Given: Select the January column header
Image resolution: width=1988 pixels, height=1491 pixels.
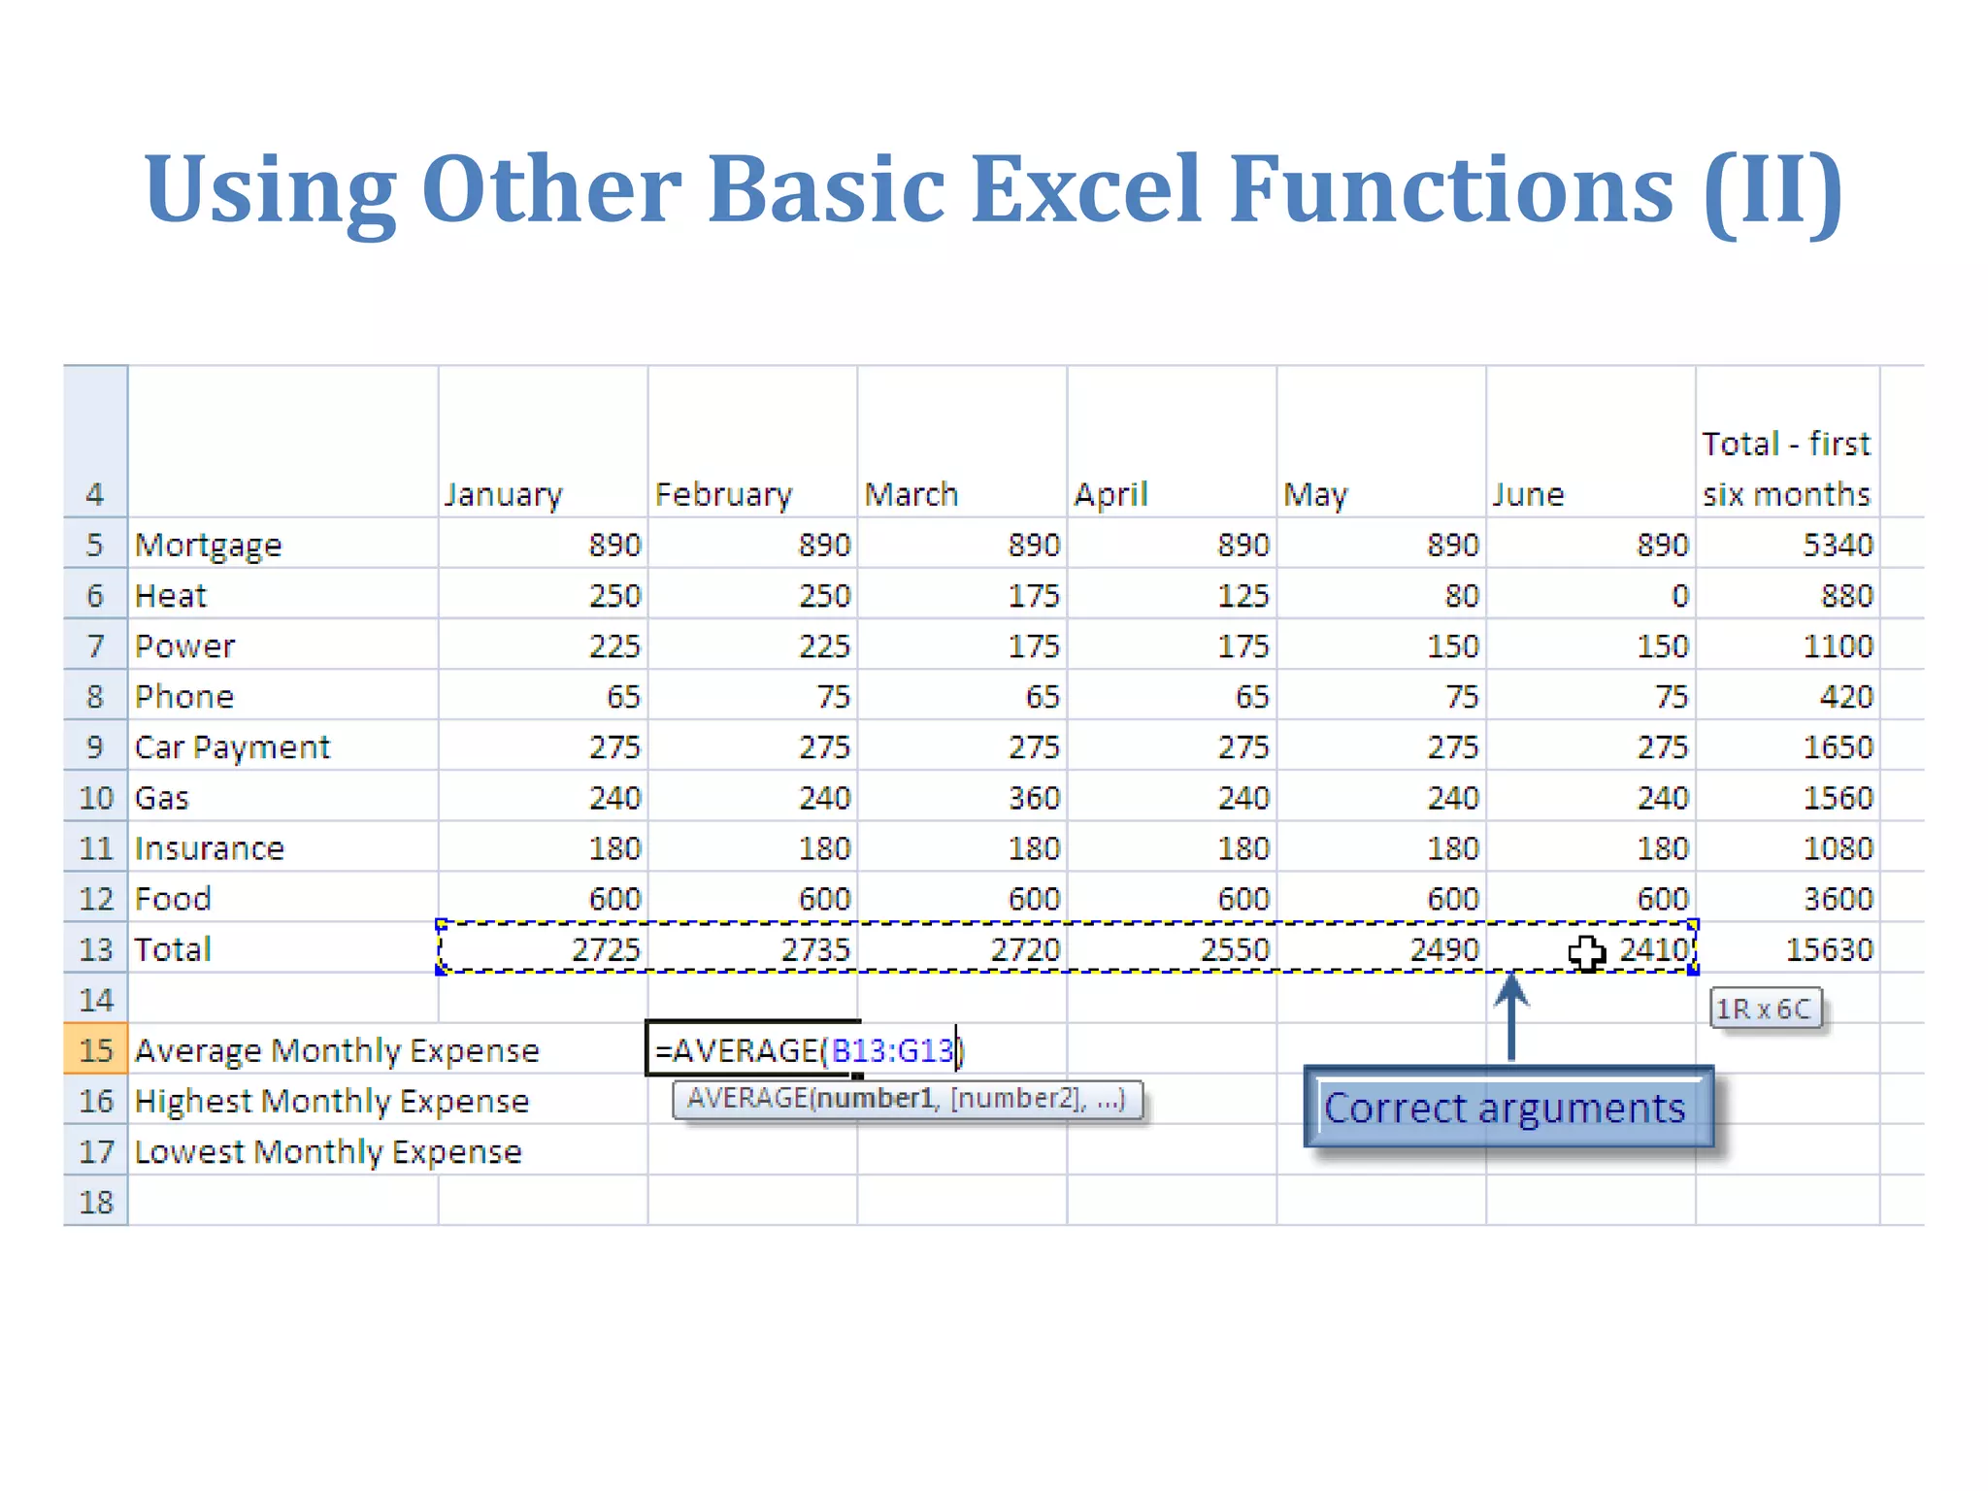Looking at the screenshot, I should coord(503,494).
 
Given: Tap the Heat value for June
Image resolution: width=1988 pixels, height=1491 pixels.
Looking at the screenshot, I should coord(1679,595).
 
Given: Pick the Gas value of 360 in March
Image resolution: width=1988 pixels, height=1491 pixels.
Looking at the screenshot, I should coord(1034,798).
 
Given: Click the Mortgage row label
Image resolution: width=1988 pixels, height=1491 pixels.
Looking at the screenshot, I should coord(208,545).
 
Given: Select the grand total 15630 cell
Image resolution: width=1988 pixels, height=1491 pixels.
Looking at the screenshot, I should coord(1829,949).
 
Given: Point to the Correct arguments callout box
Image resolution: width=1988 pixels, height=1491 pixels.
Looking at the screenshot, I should coord(1507,1108).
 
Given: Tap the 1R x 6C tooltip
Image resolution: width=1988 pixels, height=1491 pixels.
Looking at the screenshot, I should coord(1764,1009).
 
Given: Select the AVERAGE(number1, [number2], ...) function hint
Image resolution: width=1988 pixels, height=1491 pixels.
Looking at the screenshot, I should coord(906,1099).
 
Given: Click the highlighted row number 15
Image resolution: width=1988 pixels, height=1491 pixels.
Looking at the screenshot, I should coord(96,1050).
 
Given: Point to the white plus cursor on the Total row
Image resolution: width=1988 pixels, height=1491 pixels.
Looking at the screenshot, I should coord(1586,952).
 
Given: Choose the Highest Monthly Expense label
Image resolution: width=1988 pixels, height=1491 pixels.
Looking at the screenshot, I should coord(331,1101).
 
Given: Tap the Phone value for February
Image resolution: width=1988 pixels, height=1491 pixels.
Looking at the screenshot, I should coord(833,696).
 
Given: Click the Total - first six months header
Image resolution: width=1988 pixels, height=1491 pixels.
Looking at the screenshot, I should coord(1785,469).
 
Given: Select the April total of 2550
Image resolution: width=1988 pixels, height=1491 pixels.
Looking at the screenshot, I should coord(1234,949).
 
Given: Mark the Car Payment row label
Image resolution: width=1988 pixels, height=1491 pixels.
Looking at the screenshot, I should coord(232,747).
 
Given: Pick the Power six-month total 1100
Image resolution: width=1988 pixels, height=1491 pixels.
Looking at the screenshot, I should coord(1838,646).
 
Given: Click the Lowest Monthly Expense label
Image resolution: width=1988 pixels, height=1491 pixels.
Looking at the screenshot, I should coord(327,1151).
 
